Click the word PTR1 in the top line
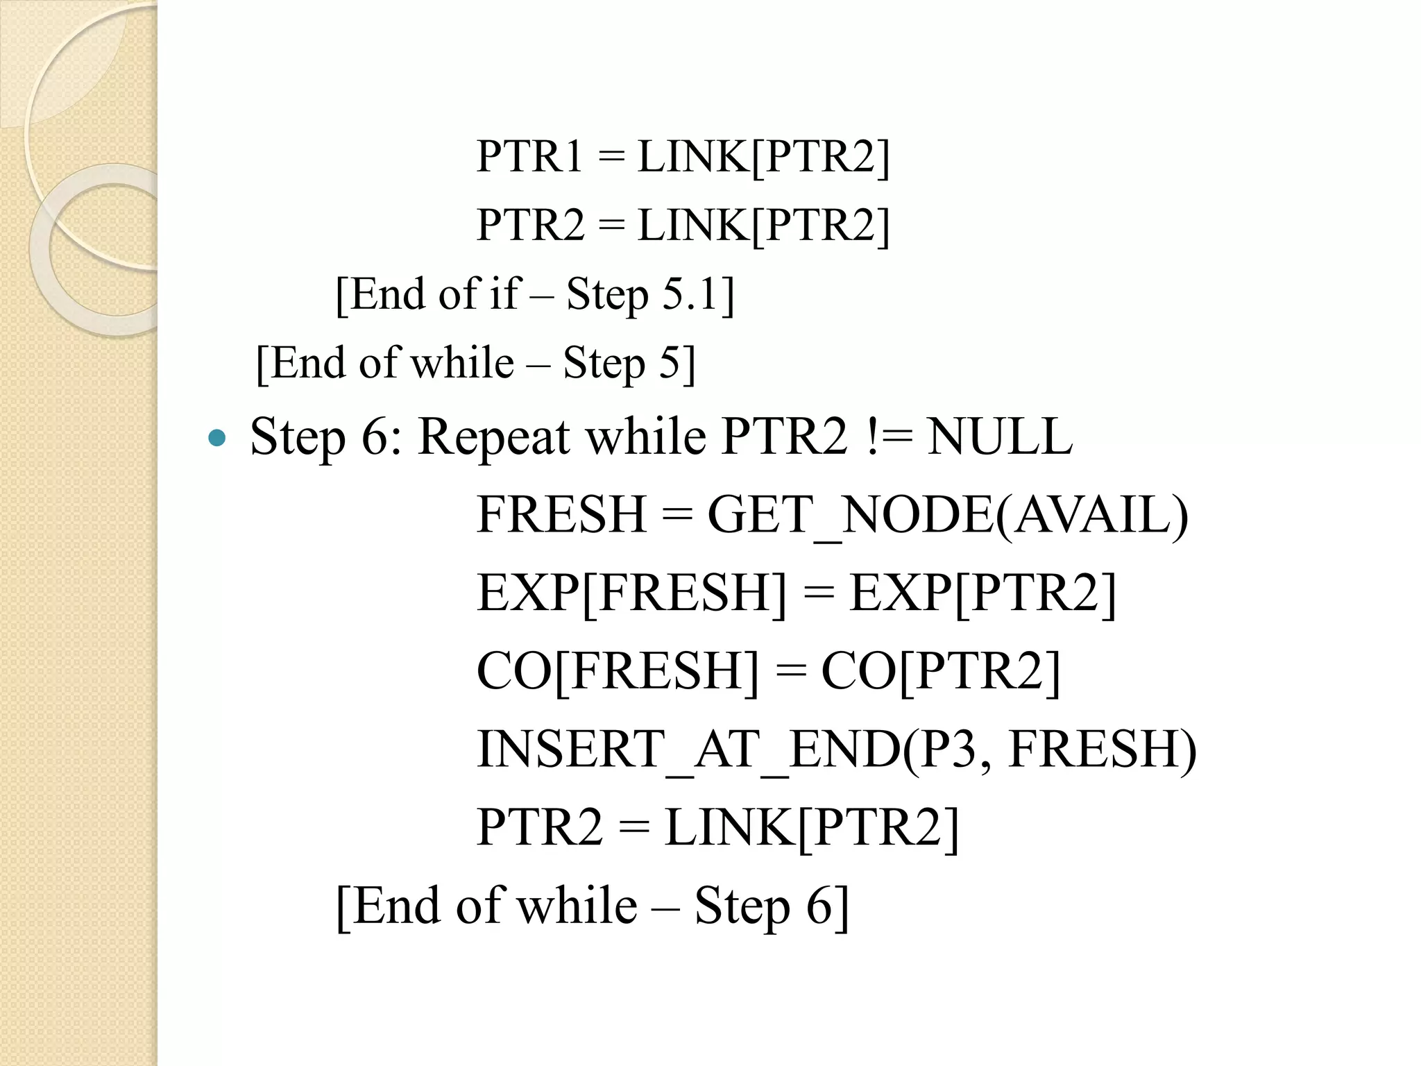[x=529, y=156]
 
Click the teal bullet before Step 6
[x=217, y=438]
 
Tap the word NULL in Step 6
[x=1000, y=437]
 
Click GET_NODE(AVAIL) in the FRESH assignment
[x=947, y=515]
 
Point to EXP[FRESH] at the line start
[x=631, y=593]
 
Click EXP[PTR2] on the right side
[x=982, y=593]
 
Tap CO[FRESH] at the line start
[x=618, y=670]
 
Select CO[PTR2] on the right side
[x=941, y=670]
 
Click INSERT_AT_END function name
[x=687, y=750]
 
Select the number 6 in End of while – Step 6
[x=819, y=906]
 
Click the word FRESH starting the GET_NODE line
[x=561, y=515]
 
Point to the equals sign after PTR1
[x=611, y=158]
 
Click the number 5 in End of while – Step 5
[x=670, y=363]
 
